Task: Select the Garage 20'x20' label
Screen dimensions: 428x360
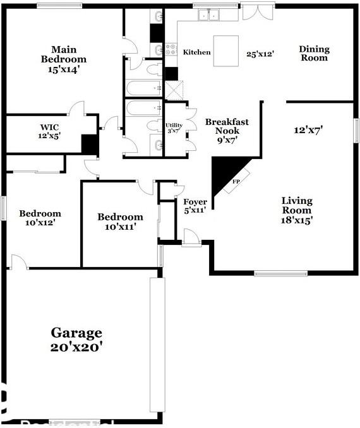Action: pos(76,339)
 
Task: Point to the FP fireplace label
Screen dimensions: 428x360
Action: pos(236,181)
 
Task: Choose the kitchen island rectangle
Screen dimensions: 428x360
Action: pos(225,51)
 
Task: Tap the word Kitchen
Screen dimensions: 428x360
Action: pos(196,52)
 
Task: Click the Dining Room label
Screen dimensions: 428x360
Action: pos(314,54)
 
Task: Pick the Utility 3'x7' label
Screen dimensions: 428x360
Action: pos(174,128)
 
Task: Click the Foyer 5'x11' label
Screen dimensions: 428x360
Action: pos(195,206)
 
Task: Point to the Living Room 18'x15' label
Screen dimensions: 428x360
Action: pos(296,210)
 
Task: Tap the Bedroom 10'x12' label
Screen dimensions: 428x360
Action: pos(40,218)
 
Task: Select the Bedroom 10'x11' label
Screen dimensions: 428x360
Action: pos(120,221)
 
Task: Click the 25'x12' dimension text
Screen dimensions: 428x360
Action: pos(260,54)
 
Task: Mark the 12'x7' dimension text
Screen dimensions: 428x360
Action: pos(308,130)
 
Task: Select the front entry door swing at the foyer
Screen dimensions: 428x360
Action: pos(191,237)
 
